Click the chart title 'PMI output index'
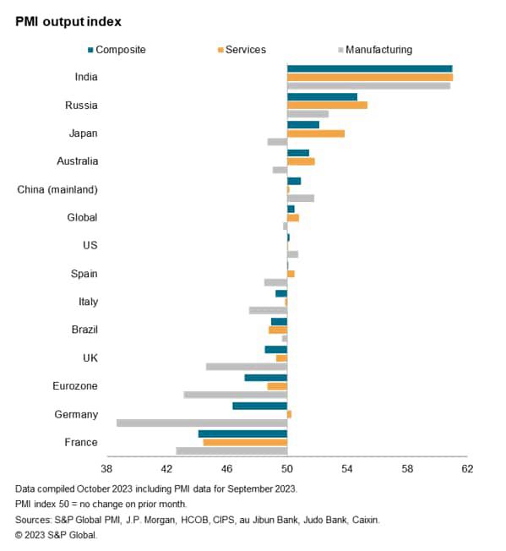(69, 20)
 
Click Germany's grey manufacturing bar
(202, 423)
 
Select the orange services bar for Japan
(316, 134)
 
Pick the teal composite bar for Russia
(322, 97)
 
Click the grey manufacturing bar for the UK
(247, 367)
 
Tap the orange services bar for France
(245, 442)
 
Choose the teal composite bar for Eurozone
(266, 378)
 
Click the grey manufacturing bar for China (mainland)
(301, 198)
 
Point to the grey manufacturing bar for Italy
(268, 310)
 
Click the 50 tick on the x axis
(287, 469)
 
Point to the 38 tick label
(106, 469)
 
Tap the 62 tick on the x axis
(466, 469)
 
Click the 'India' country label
(85, 77)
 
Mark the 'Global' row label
(82, 217)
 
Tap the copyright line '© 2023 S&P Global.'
(57, 535)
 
